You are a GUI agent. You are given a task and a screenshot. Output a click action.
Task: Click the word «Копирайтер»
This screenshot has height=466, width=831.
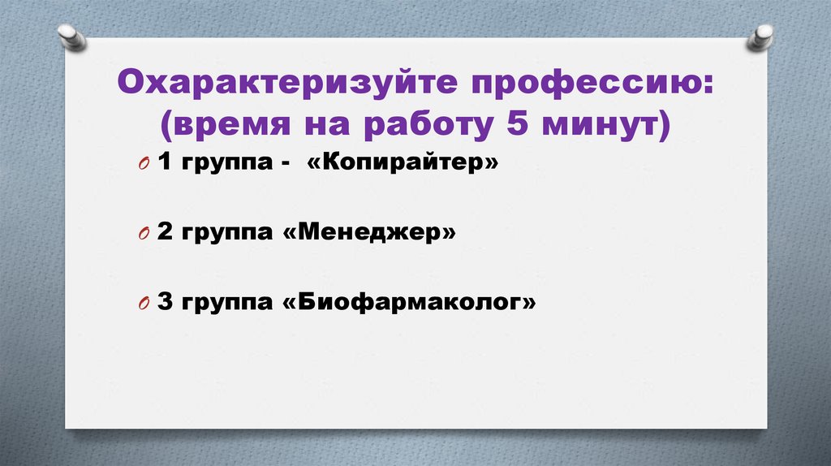tap(402, 163)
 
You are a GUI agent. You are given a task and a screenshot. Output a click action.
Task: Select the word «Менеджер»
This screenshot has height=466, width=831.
tap(368, 233)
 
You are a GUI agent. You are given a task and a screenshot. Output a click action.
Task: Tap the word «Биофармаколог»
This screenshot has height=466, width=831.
tap(409, 303)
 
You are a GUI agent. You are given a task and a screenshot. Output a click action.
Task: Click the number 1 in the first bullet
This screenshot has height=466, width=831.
tap(165, 163)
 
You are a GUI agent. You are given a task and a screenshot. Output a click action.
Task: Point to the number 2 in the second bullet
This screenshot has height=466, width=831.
tap(165, 233)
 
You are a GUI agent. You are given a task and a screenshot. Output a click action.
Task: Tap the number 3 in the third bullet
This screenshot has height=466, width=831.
tap(165, 303)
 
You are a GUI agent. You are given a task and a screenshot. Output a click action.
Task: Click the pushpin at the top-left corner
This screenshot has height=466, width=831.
tap(71, 36)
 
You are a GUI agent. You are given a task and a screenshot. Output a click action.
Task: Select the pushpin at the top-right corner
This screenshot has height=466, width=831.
tap(760, 37)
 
